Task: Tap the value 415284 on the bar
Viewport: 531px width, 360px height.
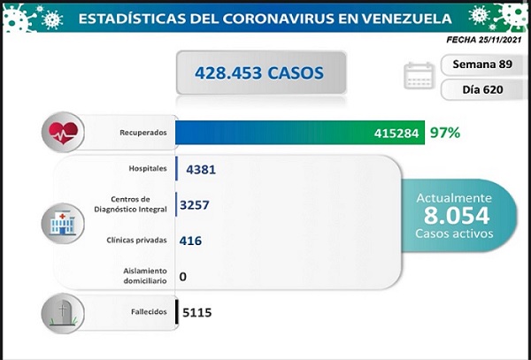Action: click(396, 134)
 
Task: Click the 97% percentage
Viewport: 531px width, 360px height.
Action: click(445, 134)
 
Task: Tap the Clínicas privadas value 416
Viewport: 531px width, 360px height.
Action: click(190, 239)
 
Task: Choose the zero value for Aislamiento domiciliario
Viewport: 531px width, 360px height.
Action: click(183, 276)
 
